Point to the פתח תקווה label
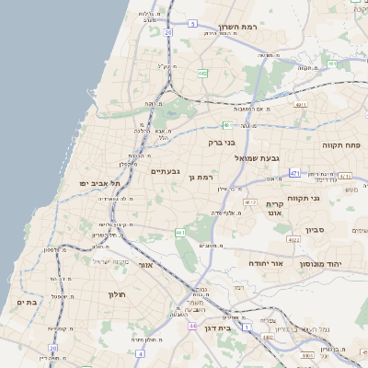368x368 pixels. pyautogui.click(x=340, y=145)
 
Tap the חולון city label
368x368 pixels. pyautogui.click(x=110, y=294)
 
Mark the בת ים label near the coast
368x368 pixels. pyautogui.click(x=26, y=302)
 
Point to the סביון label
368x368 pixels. pyautogui.click(x=305, y=230)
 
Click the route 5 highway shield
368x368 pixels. pyautogui.click(x=226, y=124)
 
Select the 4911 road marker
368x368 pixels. pyautogui.click(x=300, y=105)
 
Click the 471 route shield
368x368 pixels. pyautogui.click(x=294, y=172)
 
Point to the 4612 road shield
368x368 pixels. pyautogui.click(x=250, y=201)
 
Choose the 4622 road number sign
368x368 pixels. pyautogui.click(x=293, y=239)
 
